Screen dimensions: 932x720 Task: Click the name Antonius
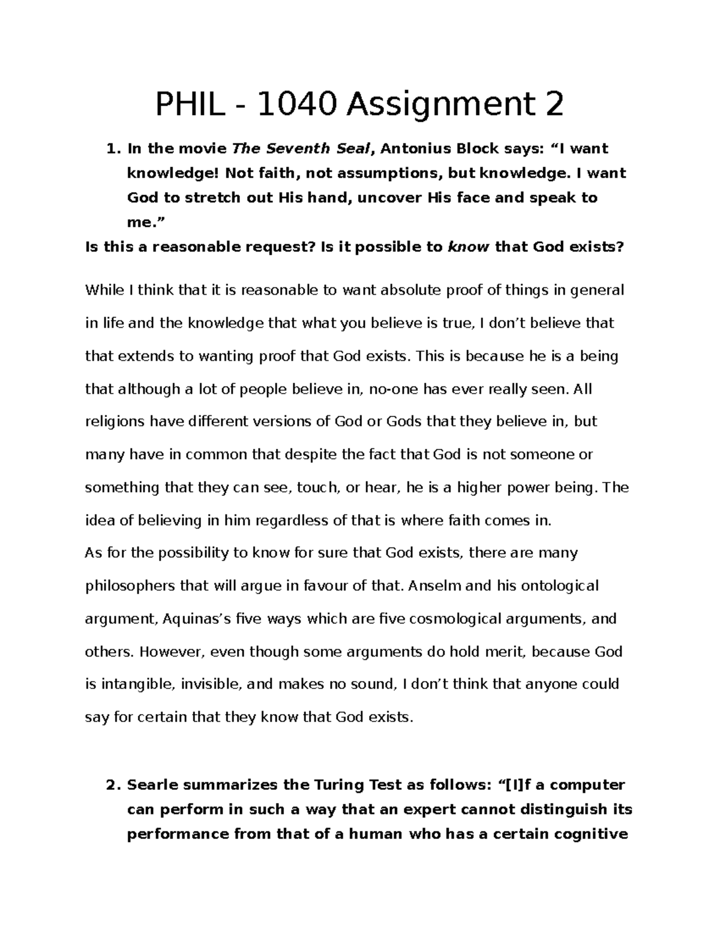[x=422, y=148]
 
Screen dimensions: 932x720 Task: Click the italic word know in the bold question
[x=469, y=247]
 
